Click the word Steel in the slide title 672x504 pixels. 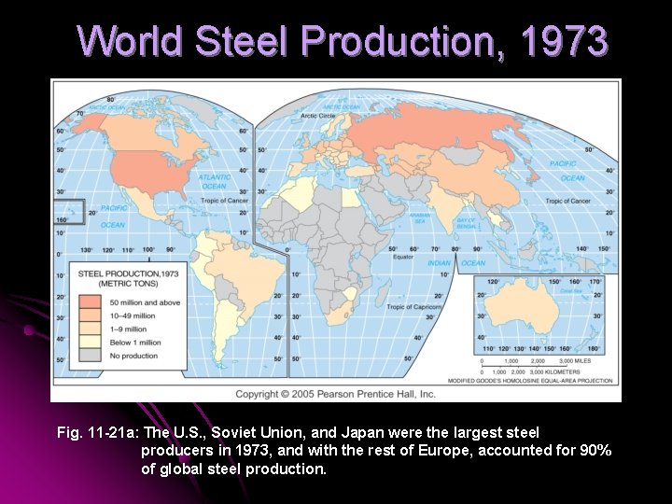(242, 41)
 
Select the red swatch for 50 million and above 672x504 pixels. (91, 301)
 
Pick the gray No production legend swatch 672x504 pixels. (91, 356)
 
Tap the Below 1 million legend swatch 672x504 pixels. (91, 343)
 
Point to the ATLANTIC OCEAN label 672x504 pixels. (214, 181)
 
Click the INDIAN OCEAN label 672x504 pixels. (456, 263)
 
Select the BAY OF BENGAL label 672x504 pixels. (467, 223)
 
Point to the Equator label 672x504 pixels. (402, 257)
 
